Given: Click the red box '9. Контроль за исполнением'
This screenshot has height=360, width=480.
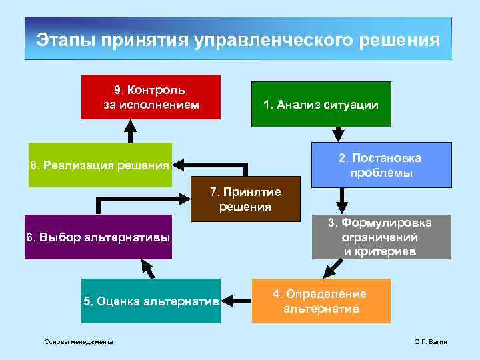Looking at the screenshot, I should click(x=151, y=97).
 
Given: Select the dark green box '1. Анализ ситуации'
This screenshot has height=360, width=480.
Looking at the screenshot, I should click(x=321, y=104).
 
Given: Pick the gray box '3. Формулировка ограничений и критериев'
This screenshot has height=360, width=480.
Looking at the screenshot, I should click(x=381, y=237).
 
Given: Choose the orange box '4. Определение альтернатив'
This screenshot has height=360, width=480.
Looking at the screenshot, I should click(x=321, y=301).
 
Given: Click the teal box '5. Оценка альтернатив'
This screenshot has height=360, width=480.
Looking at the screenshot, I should click(x=151, y=301).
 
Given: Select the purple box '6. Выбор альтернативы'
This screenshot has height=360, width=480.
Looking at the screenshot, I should click(x=98, y=237).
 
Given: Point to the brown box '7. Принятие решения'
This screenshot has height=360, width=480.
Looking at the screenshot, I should click(x=245, y=199).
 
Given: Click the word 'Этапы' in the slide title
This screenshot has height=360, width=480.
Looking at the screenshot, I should click(x=65, y=39).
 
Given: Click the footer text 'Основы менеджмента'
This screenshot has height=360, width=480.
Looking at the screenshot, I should click(x=78, y=342).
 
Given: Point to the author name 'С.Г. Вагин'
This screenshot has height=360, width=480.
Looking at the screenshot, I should click(x=430, y=342).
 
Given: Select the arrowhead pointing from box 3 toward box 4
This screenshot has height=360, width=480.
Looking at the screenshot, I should click(x=327, y=273).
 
